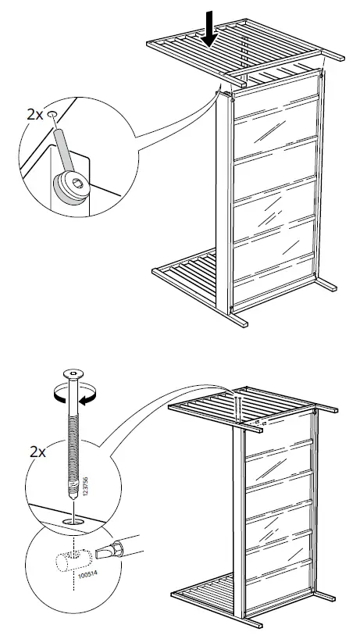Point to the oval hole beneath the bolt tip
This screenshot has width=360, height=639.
coord(72,519)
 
